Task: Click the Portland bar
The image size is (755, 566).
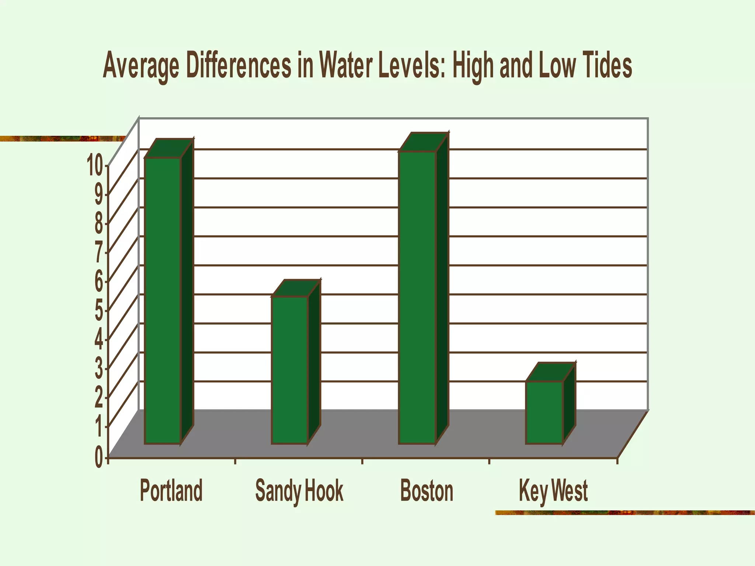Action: pos(163,300)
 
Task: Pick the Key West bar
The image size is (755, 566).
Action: pos(544,412)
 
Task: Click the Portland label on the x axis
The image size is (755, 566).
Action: pos(171,490)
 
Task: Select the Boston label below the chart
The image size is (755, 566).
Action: pos(427,490)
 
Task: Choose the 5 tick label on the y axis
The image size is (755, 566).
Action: pos(99,311)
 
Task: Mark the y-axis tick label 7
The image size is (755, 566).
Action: pos(99,252)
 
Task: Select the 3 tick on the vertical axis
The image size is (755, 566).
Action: pos(99,369)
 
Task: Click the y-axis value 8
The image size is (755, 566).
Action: pos(99,224)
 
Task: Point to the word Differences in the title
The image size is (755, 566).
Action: pos(239,66)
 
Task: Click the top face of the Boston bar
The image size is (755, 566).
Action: pos(424,142)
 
